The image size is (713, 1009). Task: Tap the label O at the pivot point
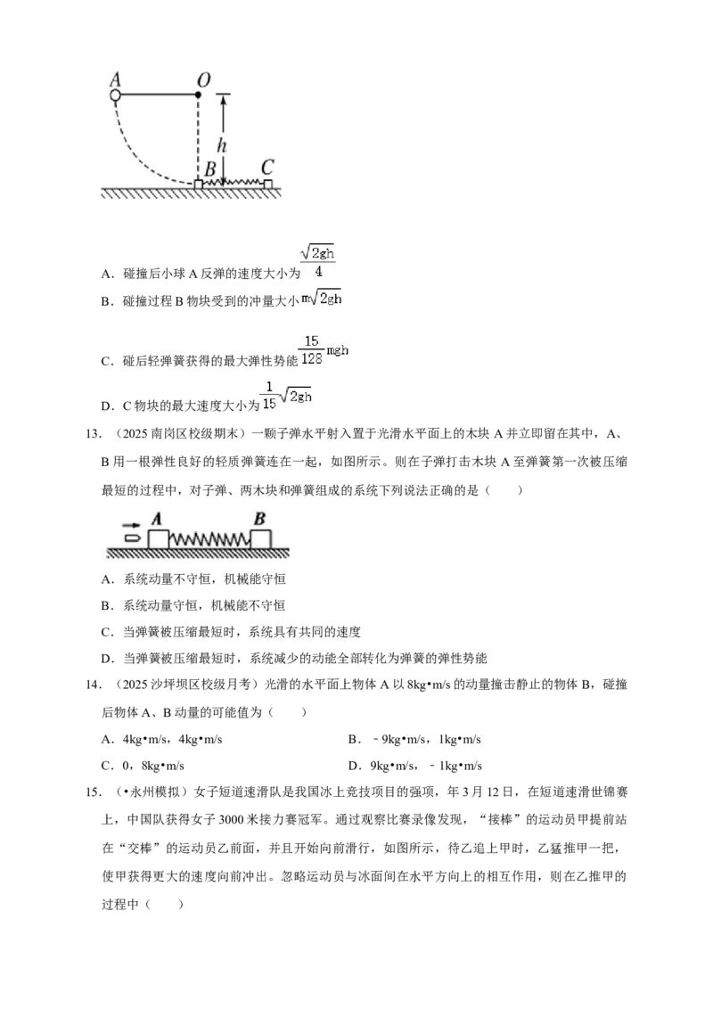pos(203,80)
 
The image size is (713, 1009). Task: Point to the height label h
pos(222,144)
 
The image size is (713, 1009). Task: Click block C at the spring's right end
pos(268,184)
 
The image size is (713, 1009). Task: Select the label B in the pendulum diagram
pos(209,169)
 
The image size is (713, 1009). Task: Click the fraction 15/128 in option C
pos(311,350)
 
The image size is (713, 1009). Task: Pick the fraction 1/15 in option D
pos(269,395)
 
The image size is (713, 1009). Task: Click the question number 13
pos(94,434)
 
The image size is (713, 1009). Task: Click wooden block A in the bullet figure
pos(159,539)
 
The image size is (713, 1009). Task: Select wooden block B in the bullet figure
pos(260,539)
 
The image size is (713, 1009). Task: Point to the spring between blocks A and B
pos(209,539)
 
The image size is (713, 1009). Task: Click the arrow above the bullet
pos(131,525)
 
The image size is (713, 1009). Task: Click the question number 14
pos(94,685)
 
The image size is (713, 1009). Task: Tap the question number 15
pos(94,792)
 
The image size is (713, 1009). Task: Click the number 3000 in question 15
pos(231,820)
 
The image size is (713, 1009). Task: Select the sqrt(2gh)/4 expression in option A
pos(318,261)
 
